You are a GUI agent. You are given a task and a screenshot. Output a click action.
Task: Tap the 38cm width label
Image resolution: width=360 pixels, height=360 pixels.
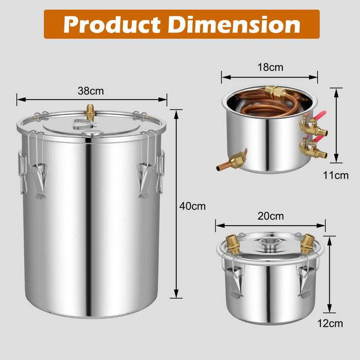[91, 91]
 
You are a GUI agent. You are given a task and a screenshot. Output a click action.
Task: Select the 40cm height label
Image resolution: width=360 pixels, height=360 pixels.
[192, 206]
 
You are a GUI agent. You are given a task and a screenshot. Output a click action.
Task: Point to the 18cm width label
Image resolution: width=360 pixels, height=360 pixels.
[270, 67]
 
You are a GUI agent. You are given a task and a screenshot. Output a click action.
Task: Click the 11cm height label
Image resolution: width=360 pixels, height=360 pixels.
[336, 175]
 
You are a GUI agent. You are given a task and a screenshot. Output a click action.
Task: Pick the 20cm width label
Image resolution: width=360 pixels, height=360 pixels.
[271, 216]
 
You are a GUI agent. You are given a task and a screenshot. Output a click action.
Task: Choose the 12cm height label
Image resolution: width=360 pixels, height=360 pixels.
[329, 323]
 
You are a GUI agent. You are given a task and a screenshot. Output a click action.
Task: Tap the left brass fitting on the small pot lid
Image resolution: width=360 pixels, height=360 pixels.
[232, 243]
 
